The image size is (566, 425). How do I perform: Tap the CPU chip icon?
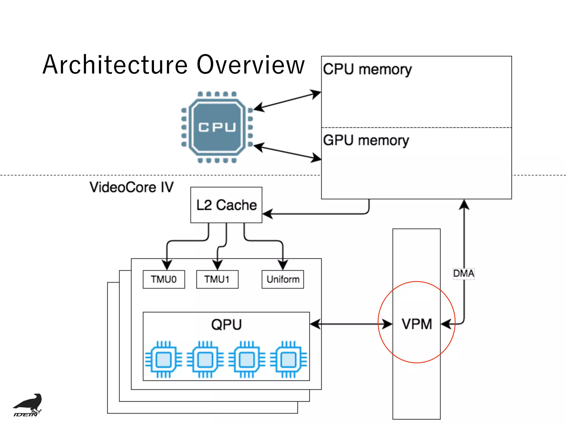coord(217,127)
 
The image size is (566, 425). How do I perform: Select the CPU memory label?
coord(367,69)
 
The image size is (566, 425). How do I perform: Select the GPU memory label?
coord(366,140)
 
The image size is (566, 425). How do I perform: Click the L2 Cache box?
coord(226,205)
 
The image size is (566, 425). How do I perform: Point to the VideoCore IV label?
coord(132,187)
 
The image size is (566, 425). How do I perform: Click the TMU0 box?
coord(164,279)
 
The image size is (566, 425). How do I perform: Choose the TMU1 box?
coord(217,279)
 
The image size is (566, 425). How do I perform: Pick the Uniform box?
coord(283,279)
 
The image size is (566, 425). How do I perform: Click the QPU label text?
coord(226,325)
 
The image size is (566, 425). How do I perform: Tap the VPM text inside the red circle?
coord(416,324)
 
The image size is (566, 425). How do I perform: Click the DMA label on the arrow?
coord(463,274)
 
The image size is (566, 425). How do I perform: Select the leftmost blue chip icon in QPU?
coord(164,359)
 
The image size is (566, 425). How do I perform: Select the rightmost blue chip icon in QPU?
coord(288,359)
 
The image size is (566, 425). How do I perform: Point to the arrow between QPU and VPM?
coord(351,324)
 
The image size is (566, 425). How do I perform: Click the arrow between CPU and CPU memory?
coord(287,100)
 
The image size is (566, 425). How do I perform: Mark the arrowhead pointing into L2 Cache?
coord(268,214)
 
